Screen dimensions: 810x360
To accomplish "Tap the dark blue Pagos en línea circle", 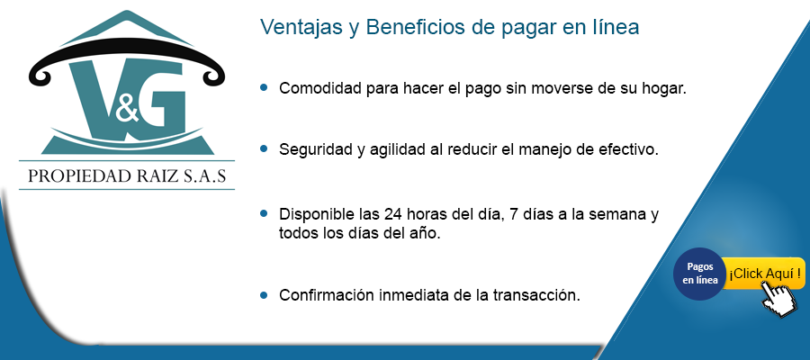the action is [700, 274].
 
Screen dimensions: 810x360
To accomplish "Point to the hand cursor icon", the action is [779, 298].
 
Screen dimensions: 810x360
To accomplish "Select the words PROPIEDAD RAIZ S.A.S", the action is [127, 175].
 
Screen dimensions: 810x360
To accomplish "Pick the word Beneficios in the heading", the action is [416, 27].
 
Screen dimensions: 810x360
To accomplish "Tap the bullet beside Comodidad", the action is [264, 87].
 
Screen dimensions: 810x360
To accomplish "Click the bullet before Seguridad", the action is [264, 148].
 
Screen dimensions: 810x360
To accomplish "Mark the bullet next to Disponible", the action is [264, 212].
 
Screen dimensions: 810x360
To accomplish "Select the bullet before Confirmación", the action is [264, 295].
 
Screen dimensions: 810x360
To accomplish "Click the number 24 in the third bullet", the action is [392, 214].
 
